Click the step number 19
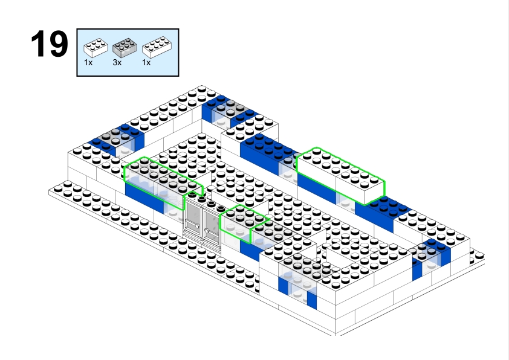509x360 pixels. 49,44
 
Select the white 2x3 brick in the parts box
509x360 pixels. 95,46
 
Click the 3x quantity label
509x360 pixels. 117,62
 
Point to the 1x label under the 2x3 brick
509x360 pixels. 88,62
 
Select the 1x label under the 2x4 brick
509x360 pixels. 146,62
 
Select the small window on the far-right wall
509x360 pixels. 432,256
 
